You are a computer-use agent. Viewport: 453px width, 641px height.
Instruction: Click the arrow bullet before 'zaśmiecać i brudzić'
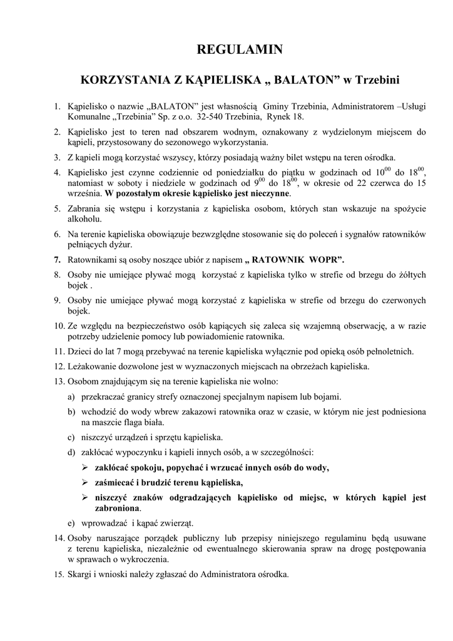85,483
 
